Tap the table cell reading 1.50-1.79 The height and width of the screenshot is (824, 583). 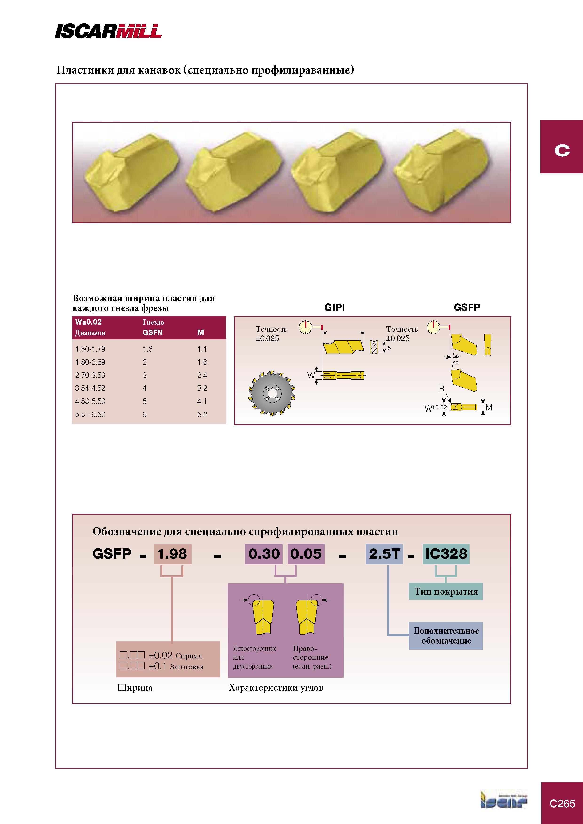[90, 349]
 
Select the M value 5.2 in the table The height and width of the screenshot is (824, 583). [202, 415]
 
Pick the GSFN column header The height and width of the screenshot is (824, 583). [152, 333]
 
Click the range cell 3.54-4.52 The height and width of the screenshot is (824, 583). [90, 388]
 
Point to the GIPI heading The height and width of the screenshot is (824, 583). [335, 307]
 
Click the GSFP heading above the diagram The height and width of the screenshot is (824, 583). [467, 307]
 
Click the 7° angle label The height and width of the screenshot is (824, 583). [455, 364]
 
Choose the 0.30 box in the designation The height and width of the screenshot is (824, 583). [264, 554]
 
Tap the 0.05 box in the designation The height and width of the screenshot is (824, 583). [306, 554]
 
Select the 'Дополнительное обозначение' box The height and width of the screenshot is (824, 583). [446, 636]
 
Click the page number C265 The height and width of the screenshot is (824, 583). [562, 804]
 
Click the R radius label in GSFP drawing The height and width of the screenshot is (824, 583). [441, 388]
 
